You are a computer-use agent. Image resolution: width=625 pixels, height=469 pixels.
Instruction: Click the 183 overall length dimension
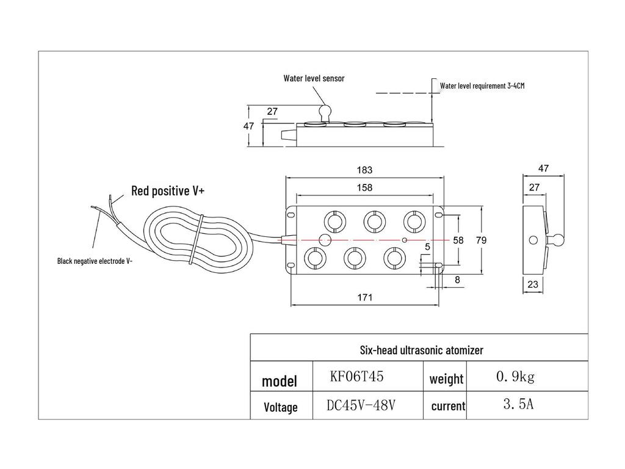click(x=364, y=170)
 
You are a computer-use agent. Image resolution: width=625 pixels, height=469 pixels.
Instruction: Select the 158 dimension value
click(x=364, y=188)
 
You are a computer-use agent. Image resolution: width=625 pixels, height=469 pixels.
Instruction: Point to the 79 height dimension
click(x=481, y=241)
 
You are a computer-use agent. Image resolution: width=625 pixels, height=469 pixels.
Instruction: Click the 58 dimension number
click(x=458, y=241)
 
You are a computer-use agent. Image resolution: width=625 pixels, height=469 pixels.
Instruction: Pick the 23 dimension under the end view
click(x=533, y=285)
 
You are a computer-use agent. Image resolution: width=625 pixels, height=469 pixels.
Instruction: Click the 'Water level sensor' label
click(x=314, y=78)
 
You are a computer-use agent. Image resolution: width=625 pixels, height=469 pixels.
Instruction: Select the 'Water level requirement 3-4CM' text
click(x=482, y=86)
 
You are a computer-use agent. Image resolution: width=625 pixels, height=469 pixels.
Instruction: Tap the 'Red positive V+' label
click(x=168, y=191)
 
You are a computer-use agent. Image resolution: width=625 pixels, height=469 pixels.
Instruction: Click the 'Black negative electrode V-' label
click(x=95, y=261)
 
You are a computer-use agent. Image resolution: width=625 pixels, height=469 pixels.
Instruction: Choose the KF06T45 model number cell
click(x=356, y=377)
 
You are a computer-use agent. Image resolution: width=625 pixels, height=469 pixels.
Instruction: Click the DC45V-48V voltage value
click(x=362, y=404)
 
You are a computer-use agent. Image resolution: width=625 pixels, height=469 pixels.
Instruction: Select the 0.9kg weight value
click(x=515, y=377)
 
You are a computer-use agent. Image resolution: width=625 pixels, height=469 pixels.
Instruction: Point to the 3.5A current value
click(x=518, y=404)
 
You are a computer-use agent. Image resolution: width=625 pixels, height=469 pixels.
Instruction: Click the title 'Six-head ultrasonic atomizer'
click(x=421, y=350)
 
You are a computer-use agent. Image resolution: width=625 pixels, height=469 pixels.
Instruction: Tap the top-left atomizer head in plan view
click(x=335, y=220)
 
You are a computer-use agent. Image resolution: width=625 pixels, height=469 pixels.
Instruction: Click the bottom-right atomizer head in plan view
click(x=394, y=259)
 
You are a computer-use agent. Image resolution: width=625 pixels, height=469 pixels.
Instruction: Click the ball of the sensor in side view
click(x=325, y=111)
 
